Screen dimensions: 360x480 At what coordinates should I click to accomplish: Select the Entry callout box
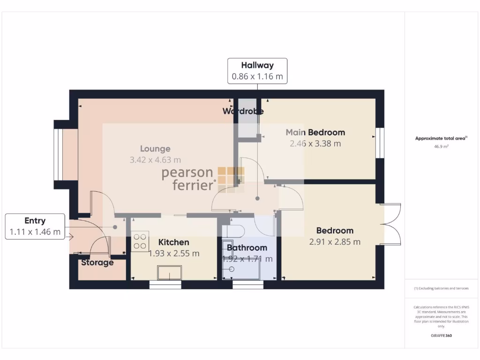[35, 226]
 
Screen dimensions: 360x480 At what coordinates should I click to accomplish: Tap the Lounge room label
[155, 149]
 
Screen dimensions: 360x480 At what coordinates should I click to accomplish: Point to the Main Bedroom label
[315, 132]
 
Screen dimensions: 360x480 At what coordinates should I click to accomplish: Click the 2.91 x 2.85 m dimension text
[335, 242]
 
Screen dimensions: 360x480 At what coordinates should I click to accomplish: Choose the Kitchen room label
[173, 242]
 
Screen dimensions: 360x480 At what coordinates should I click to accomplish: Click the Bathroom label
[247, 247]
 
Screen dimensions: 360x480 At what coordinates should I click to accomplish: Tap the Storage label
[97, 262]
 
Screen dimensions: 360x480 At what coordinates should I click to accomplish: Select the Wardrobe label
[243, 112]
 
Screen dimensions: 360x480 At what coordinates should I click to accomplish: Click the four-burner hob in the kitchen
[140, 241]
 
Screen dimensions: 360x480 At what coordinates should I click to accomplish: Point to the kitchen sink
[170, 272]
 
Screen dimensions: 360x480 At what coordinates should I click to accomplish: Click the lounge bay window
[58, 154]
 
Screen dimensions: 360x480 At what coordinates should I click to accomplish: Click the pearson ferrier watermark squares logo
[231, 179]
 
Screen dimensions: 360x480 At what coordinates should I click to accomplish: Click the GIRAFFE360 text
[441, 336]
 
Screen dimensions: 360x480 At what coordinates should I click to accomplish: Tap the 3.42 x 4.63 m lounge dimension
[155, 160]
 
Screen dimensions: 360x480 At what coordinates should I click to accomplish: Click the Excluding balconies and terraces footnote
[441, 288]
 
